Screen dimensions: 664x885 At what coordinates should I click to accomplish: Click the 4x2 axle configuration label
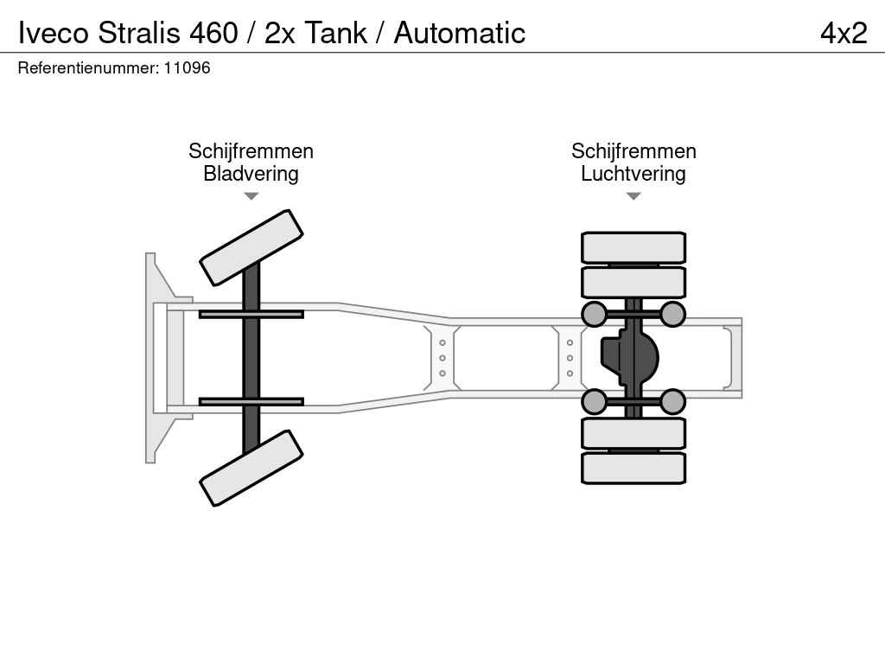(843, 33)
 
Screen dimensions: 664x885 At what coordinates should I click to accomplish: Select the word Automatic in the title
(460, 33)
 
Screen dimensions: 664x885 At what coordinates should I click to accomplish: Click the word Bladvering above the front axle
(251, 174)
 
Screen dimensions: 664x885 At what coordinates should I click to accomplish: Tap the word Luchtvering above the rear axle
(633, 174)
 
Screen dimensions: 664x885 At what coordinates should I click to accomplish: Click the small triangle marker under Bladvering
(251, 196)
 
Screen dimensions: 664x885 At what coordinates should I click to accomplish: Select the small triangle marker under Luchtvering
(633, 196)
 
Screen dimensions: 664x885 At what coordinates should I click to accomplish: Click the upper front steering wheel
(251, 247)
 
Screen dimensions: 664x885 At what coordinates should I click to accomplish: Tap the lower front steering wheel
(251, 468)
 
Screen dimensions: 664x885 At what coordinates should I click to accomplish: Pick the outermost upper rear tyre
(634, 248)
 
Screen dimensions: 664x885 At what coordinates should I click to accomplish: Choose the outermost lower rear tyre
(634, 468)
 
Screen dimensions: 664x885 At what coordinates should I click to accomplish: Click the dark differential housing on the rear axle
(628, 356)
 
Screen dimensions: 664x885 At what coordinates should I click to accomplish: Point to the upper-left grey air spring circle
(595, 314)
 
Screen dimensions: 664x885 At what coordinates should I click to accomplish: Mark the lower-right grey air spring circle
(672, 402)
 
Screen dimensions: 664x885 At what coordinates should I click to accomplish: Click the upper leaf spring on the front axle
(251, 314)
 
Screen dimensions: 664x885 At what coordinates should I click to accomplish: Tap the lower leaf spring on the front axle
(251, 401)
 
